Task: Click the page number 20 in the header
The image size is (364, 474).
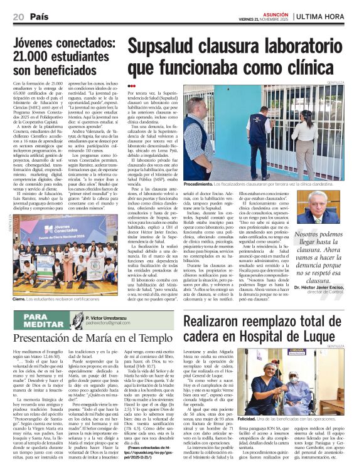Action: pos(18,16)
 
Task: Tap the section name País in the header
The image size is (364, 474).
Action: pos(40,16)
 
